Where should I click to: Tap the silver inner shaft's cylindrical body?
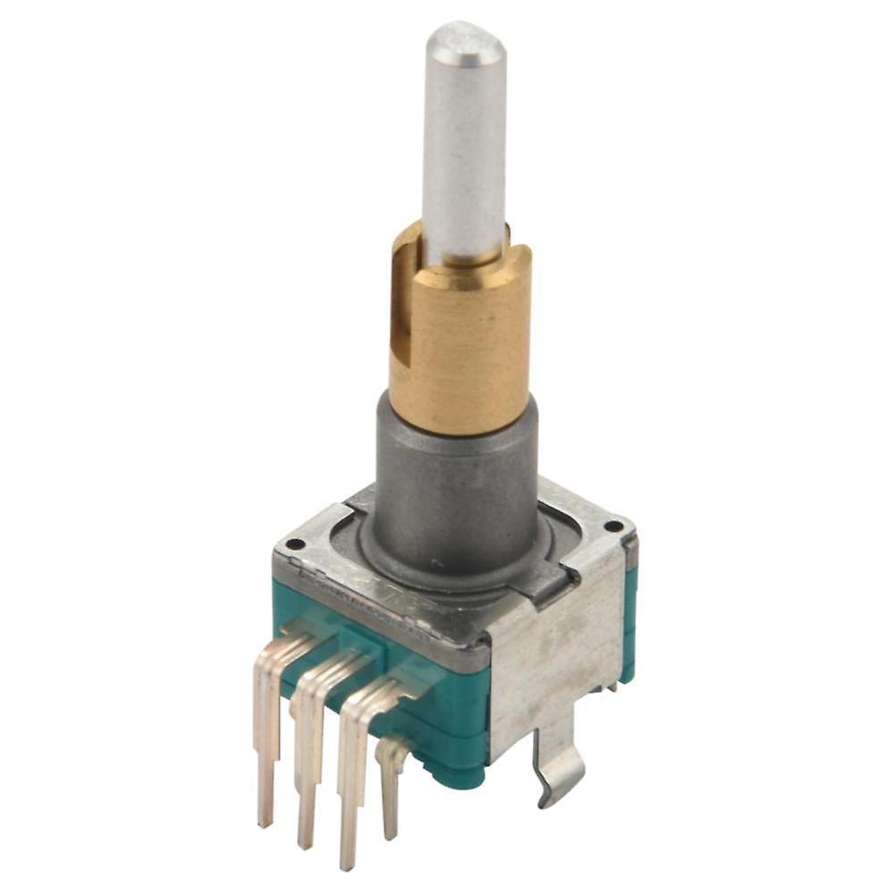point(464,152)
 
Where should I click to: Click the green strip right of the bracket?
point(630,626)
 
